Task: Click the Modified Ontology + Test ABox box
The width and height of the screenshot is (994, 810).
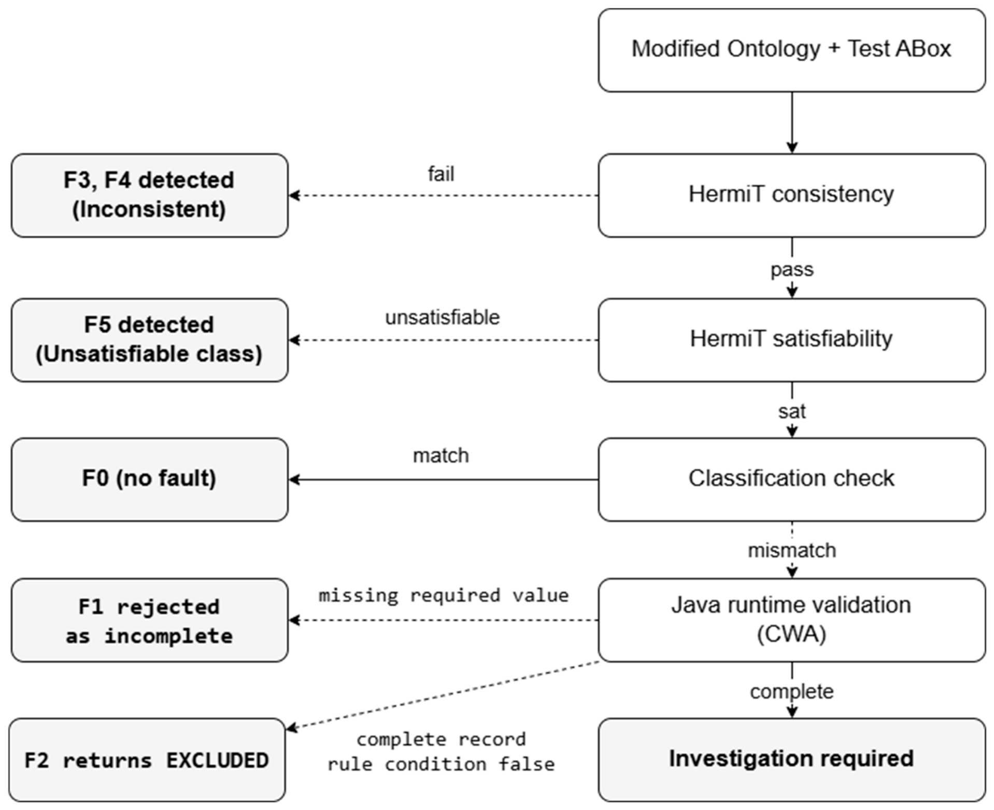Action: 791,50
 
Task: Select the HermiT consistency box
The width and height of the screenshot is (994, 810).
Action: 791,195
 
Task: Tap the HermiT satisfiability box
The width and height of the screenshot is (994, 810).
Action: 791,340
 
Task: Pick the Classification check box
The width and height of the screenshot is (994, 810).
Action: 791,479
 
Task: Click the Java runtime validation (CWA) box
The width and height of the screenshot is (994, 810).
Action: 791,620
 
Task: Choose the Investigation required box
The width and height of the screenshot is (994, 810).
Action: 791,760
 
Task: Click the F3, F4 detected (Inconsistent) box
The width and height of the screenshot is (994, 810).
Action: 149,195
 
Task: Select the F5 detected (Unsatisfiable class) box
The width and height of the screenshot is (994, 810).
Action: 149,340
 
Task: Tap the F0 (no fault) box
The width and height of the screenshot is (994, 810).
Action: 149,479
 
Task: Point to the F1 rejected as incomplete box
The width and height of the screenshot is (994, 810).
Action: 149,620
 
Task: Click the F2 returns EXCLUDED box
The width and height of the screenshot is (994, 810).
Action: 147,760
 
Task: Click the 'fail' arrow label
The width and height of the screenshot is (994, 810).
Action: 441,174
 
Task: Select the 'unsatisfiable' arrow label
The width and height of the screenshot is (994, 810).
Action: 442,317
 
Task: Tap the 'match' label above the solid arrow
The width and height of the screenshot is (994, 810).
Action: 441,456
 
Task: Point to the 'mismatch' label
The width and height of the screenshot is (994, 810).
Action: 792,550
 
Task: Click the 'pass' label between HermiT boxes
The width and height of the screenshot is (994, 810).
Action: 792,269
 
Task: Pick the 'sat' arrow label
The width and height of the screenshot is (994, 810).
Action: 792,411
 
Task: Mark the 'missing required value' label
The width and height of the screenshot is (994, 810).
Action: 444,595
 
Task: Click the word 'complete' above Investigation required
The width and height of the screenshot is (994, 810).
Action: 792,691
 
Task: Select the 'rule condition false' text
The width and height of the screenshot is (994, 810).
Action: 441,764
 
